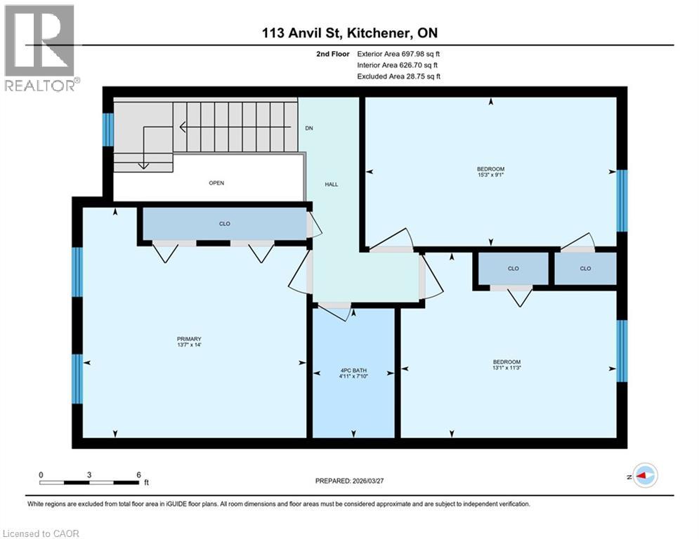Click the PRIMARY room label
coord(185,338)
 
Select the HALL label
coord(331,184)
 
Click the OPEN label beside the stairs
coord(216,183)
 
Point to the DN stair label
coord(308,128)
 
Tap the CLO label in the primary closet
coord(225,224)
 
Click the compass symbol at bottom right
coord(644,475)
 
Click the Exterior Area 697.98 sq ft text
coord(398,53)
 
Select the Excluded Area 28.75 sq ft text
coord(398,76)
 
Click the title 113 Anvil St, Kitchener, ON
coord(351,33)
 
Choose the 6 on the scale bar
coord(138,474)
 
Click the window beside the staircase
coord(108,129)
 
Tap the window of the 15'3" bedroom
coord(621,201)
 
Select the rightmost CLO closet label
coord(584,268)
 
